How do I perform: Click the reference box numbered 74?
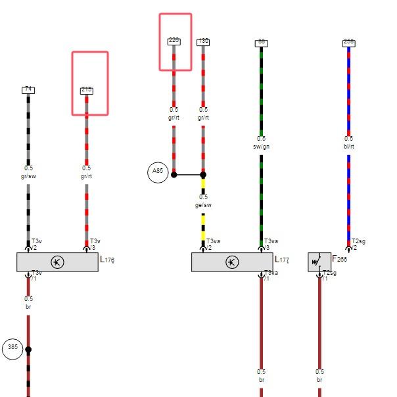(x=28, y=90)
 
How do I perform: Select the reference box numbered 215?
(x=86, y=91)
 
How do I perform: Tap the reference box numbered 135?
(x=203, y=41)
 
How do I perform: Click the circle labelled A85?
(x=157, y=172)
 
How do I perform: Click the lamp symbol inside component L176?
(x=57, y=262)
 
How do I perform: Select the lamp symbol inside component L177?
(x=232, y=262)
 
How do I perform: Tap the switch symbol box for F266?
(x=319, y=262)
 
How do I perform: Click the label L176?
(x=107, y=260)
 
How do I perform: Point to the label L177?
(x=282, y=260)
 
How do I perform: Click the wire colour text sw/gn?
(x=261, y=147)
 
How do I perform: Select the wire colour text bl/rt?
(x=348, y=147)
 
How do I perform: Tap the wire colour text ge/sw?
(x=203, y=205)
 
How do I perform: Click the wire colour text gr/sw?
(x=28, y=176)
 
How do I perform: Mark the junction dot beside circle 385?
(x=28, y=350)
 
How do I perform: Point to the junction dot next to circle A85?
(x=174, y=175)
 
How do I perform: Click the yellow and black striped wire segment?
(x=203, y=227)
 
